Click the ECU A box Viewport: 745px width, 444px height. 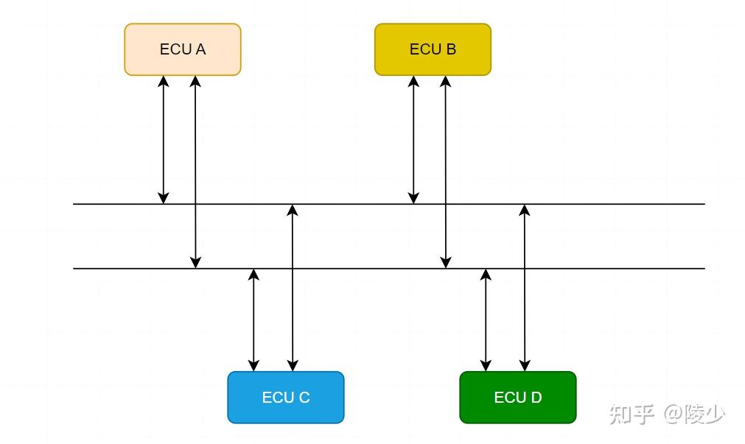click(x=183, y=49)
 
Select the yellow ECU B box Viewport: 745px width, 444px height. click(x=433, y=49)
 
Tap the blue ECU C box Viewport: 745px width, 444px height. click(x=286, y=398)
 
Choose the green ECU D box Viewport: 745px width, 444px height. click(x=518, y=398)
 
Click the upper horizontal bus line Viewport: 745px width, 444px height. click(x=388, y=204)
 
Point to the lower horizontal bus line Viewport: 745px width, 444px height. click(x=388, y=269)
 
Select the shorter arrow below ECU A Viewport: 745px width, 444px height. click(x=164, y=140)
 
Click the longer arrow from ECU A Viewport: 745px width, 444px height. click(x=195, y=172)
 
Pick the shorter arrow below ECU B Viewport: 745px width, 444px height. click(x=413, y=140)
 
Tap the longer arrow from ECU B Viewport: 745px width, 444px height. click(x=445, y=172)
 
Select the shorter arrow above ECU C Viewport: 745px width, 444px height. click(x=253, y=320)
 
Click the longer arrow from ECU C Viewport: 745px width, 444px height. click(x=293, y=288)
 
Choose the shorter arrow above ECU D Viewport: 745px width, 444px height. click(x=486, y=320)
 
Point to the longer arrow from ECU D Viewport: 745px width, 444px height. click(x=525, y=288)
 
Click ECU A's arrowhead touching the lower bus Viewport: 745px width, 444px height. click(x=195, y=263)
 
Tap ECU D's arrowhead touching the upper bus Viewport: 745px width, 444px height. click(x=525, y=211)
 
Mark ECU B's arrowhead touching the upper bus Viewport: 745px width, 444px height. click(x=413, y=198)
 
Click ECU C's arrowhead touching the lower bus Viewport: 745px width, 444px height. click(x=253, y=275)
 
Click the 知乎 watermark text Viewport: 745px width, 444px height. click(x=632, y=414)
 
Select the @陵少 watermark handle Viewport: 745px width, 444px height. click(x=694, y=414)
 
